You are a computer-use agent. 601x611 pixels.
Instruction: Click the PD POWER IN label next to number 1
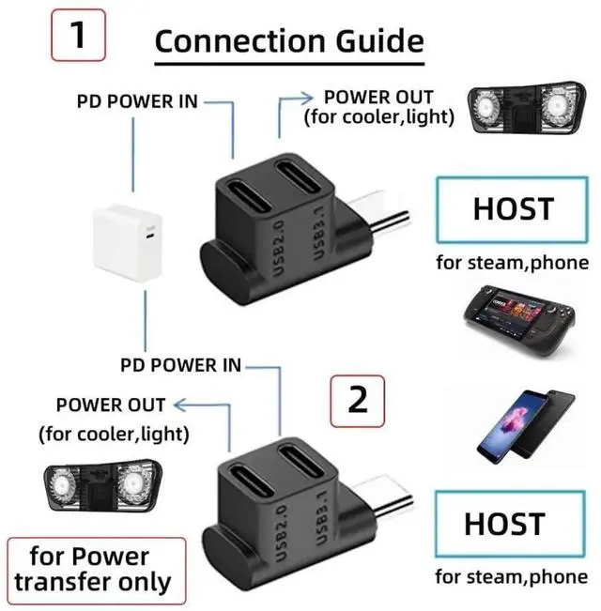136,100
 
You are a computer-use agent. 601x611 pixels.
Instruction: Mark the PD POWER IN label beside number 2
180,364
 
